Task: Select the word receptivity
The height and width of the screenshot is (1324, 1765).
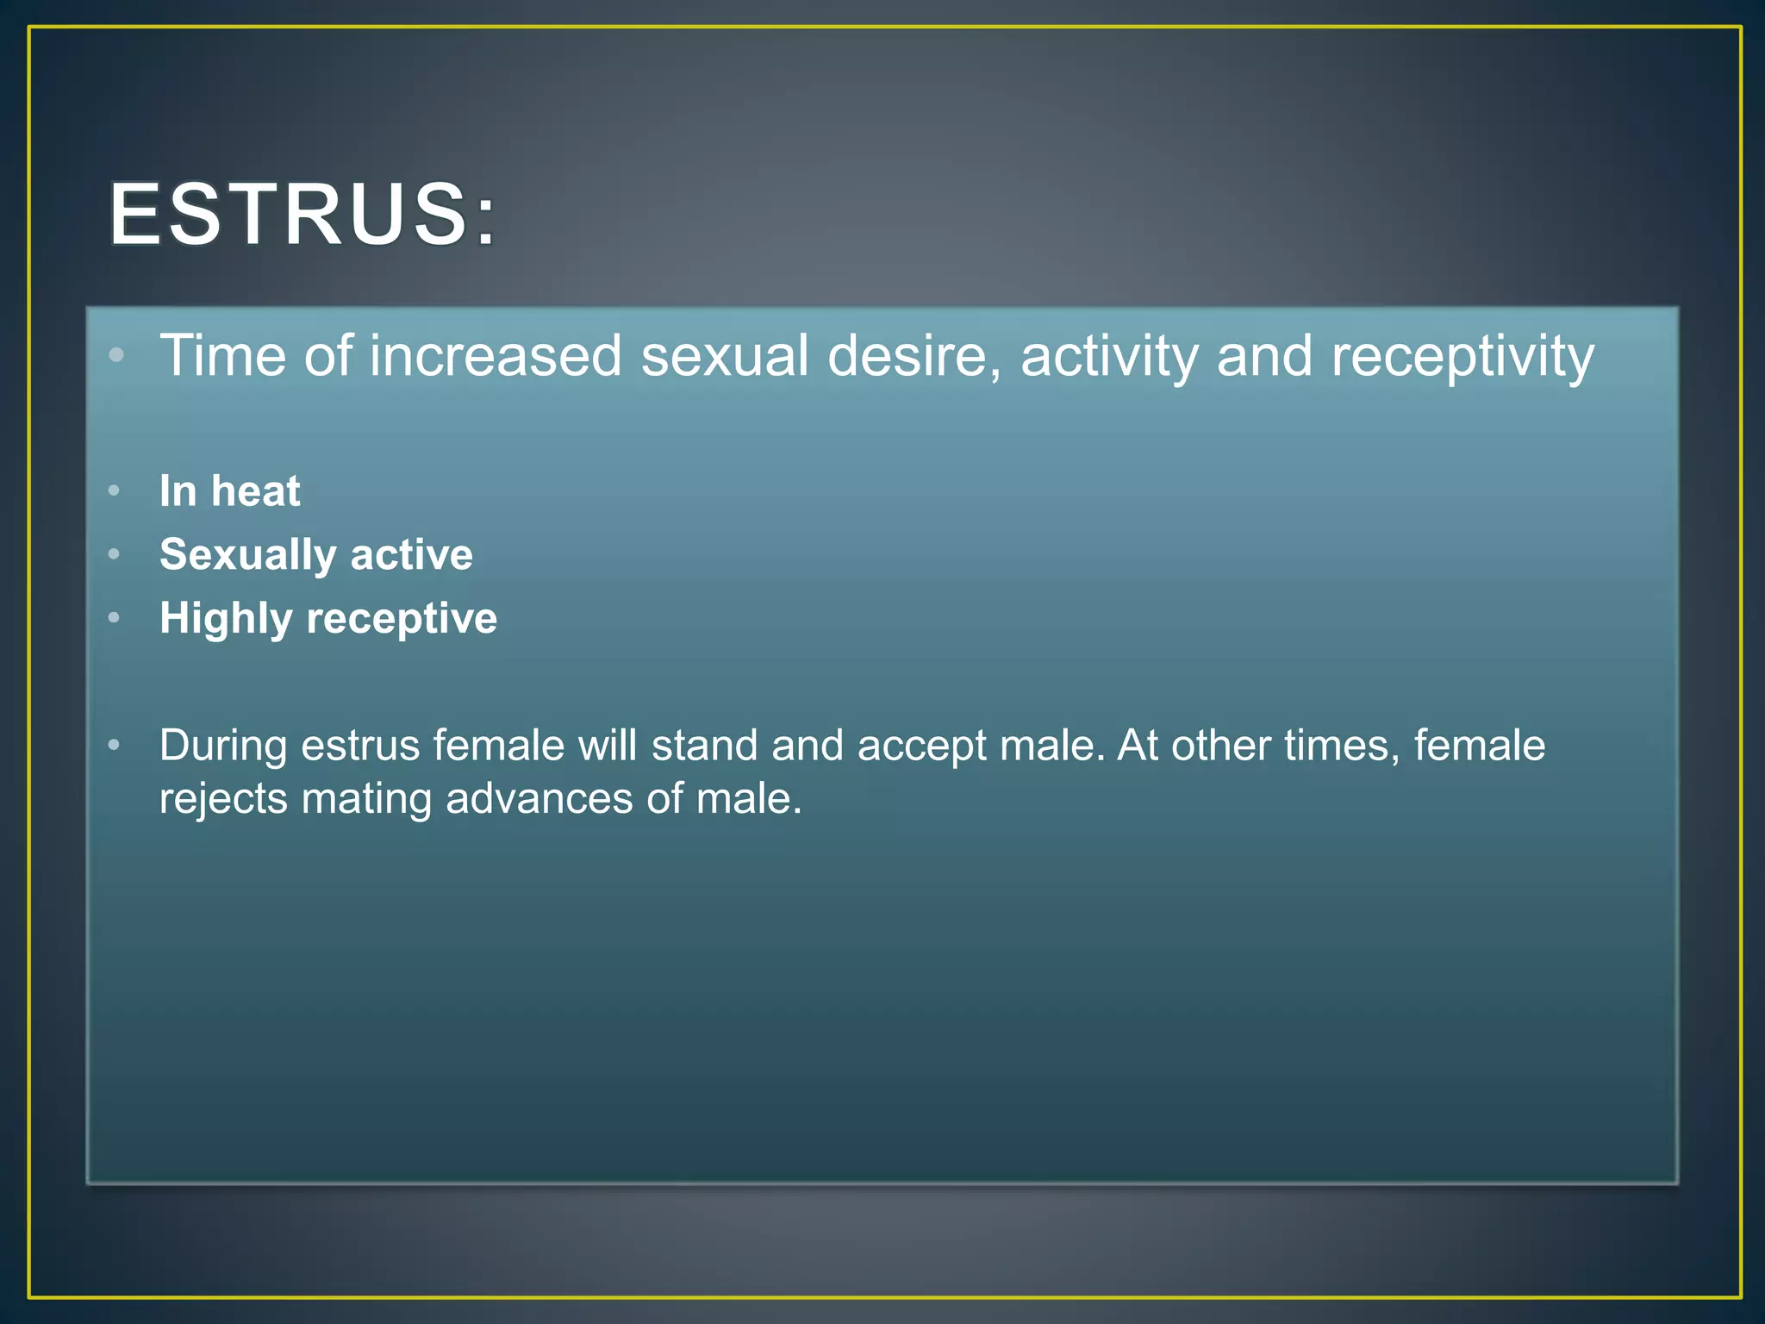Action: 1463,357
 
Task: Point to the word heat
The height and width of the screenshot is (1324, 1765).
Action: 256,491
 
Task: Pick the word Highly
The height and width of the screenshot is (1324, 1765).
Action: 226,619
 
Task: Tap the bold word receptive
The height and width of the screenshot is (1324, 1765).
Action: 402,619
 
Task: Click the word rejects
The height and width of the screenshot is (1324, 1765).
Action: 223,799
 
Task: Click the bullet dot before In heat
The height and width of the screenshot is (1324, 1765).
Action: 114,491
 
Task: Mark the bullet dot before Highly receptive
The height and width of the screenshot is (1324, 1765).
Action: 114,618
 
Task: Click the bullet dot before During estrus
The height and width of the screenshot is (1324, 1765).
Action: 114,745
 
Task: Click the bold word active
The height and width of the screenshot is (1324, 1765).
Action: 412,554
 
